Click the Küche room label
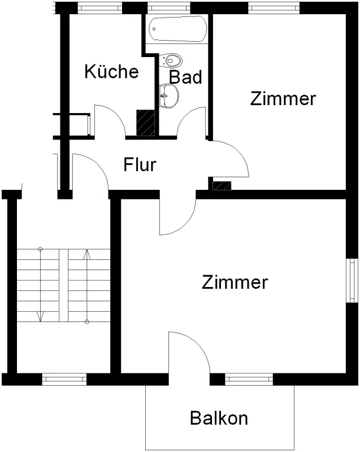click(111, 72)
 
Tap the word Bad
click(185, 77)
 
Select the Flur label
click(140, 166)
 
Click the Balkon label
click(219, 419)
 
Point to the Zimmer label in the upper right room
click(283, 99)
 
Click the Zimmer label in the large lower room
click(235, 282)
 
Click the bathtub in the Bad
click(176, 28)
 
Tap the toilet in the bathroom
click(171, 59)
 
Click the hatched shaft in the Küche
click(146, 123)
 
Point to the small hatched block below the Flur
click(222, 185)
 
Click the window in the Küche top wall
click(99, 8)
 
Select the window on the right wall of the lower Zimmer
click(353, 280)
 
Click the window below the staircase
click(64, 379)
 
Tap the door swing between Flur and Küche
click(111, 119)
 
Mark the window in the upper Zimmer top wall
click(273, 8)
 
